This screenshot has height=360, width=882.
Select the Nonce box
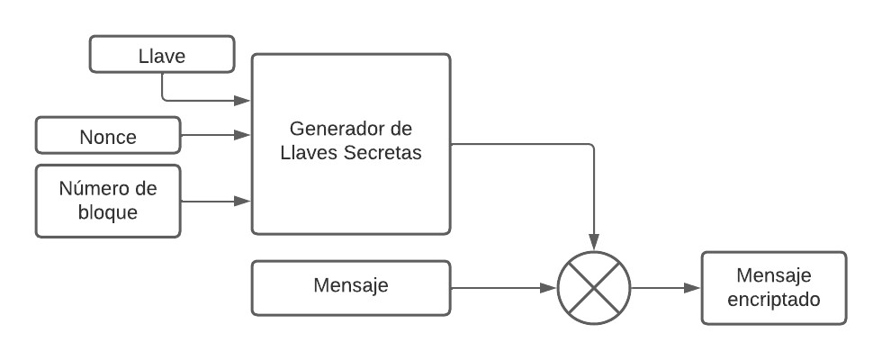(108, 136)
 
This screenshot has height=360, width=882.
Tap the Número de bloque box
(108, 200)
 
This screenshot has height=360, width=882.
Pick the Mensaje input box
(350, 288)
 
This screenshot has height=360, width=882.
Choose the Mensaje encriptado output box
(773, 288)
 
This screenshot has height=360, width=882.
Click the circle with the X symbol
(594, 288)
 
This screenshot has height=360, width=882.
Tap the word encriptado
(774, 300)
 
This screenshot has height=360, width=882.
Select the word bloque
(108, 212)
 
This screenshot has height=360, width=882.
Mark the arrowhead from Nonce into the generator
(243, 136)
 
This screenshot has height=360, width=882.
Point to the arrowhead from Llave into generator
(243, 99)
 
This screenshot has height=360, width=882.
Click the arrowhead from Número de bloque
(243, 200)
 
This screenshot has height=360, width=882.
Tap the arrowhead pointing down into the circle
(594, 244)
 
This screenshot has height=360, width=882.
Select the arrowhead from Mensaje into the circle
(549, 288)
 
